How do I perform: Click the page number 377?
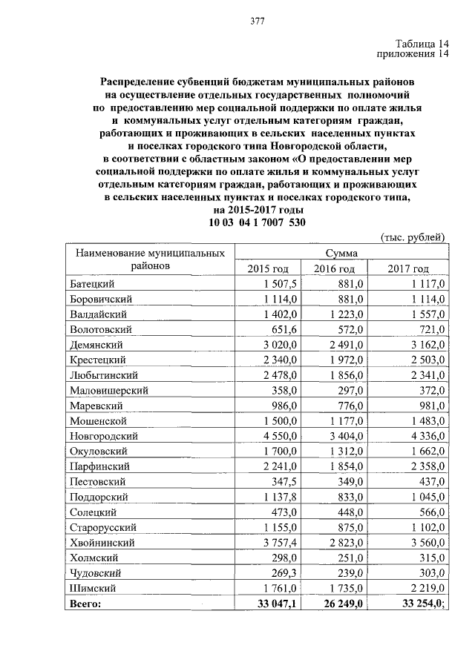point(258,20)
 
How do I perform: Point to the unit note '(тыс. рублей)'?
point(413,237)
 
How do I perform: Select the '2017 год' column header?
point(408,268)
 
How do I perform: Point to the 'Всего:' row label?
point(84,604)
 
